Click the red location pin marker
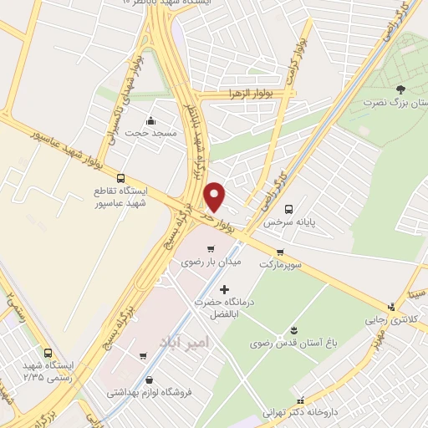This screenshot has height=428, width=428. (216, 196)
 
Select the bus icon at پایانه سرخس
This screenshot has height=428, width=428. (288, 209)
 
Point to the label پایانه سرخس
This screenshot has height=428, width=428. (281, 223)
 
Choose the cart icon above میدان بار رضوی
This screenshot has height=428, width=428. (210, 248)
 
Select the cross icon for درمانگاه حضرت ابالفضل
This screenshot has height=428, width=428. (223, 289)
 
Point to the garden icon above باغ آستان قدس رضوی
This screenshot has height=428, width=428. (293, 330)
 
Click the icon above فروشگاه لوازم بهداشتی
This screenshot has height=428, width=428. (149, 379)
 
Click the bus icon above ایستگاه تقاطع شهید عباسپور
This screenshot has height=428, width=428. (120, 178)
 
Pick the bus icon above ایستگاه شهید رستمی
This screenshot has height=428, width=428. (48, 353)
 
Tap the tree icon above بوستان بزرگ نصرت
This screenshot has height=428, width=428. (400, 89)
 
